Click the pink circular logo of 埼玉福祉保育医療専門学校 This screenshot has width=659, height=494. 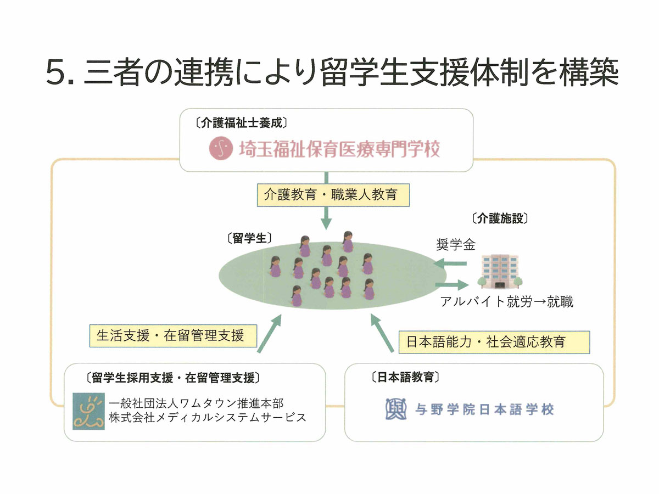click(x=221, y=148)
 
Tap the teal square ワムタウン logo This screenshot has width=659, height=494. click(x=88, y=411)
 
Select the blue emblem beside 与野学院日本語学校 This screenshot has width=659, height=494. click(x=396, y=408)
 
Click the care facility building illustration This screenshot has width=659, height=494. click(x=500, y=272)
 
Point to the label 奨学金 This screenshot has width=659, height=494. click(x=456, y=245)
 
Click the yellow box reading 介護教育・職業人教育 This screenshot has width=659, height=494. click(x=333, y=195)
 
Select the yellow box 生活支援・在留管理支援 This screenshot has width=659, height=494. click(x=173, y=335)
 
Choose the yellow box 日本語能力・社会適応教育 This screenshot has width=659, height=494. click(x=494, y=342)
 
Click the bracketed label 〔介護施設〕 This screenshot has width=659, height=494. click(x=500, y=218)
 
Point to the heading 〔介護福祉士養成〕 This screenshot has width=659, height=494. click(x=242, y=123)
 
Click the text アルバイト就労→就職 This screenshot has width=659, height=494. click(x=507, y=302)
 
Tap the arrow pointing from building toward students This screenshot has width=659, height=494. click(x=450, y=263)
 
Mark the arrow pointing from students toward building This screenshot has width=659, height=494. click(x=452, y=284)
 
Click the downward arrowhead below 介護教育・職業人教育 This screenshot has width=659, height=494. click(x=326, y=223)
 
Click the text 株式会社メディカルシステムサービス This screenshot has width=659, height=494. click(x=208, y=418)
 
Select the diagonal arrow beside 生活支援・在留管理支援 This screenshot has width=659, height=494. click(x=270, y=334)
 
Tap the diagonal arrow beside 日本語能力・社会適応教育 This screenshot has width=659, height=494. click(x=382, y=333)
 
